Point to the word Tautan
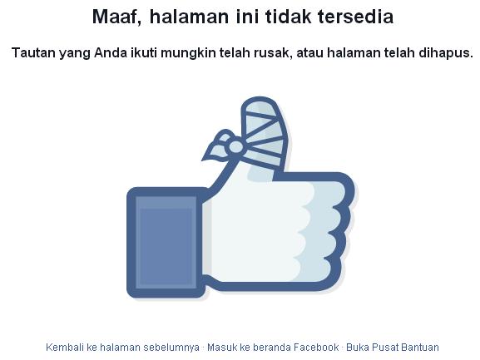34,52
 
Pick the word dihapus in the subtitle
445,52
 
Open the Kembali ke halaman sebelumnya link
122,347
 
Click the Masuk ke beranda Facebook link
273,347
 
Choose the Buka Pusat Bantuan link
393,347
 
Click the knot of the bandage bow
235,147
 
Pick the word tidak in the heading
280,17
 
